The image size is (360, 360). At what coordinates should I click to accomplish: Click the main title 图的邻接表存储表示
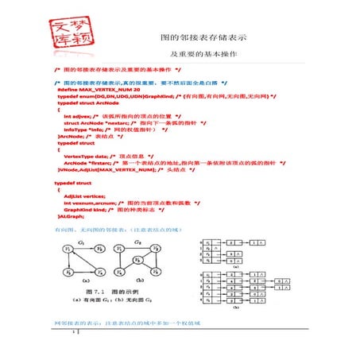point(203,37)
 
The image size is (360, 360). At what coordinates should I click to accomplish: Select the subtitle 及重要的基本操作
point(203,54)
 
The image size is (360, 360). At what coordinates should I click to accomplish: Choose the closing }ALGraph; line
point(72,216)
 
